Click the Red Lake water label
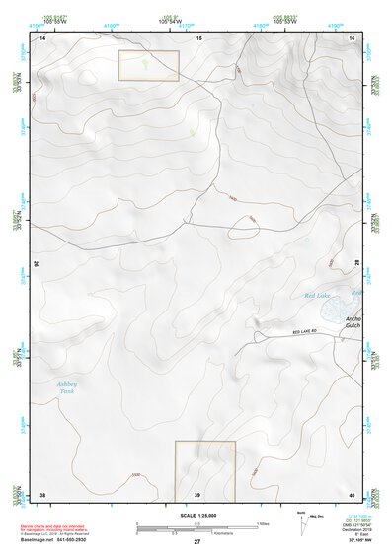pyautogui.click(x=316, y=296)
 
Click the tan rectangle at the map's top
pyautogui.click(x=148, y=66)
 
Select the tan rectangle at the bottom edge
pyautogui.click(x=205, y=470)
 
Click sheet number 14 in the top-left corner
pyautogui.click(x=42, y=37)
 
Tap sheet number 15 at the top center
pyautogui.click(x=198, y=37)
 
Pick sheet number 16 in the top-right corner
pyautogui.click(x=353, y=37)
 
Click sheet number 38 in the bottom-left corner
pyautogui.click(x=42, y=494)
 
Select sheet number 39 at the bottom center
pyautogui.click(x=198, y=494)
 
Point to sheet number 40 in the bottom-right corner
pyautogui.click(x=353, y=494)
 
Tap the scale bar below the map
pyautogui.click(x=197, y=527)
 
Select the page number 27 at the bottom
pyautogui.click(x=197, y=543)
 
